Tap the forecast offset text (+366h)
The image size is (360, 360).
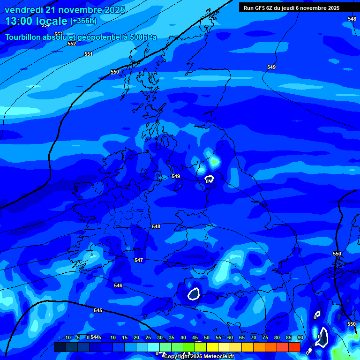click(x=83, y=21)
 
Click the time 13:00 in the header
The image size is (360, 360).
click(x=19, y=21)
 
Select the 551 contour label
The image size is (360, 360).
click(x=89, y=54)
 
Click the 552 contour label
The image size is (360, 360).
click(x=71, y=44)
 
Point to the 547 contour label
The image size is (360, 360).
click(x=139, y=260)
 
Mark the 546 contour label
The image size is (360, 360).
click(x=118, y=285)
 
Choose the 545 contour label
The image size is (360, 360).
click(x=97, y=311)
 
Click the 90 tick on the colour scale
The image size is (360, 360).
click(x=300, y=337)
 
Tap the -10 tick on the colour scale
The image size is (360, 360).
click(x=67, y=337)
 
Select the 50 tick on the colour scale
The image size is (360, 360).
click(x=207, y=337)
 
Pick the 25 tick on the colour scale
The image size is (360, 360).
click(x=148, y=337)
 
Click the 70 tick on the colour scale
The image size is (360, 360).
click(x=254, y=337)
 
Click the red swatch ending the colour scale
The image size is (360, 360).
click(x=294, y=347)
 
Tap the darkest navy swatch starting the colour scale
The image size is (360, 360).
click(x=60, y=347)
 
